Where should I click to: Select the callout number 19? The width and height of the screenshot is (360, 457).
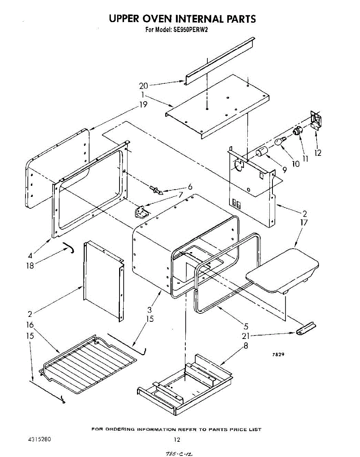(x=143, y=105)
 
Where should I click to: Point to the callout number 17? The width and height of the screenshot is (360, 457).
(x=304, y=222)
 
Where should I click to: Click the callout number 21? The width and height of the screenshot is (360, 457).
(x=246, y=336)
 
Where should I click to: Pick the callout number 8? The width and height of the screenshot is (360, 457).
(x=246, y=346)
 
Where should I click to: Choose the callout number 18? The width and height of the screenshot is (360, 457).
(x=30, y=265)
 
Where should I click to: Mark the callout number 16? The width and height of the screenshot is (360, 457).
(x=30, y=325)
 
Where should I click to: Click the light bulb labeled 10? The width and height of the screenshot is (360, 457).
(x=281, y=141)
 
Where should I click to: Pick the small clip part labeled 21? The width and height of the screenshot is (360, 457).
(x=306, y=328)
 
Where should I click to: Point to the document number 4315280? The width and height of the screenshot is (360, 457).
(x=40, y=439)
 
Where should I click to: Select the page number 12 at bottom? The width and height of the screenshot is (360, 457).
(x=177, y=439)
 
